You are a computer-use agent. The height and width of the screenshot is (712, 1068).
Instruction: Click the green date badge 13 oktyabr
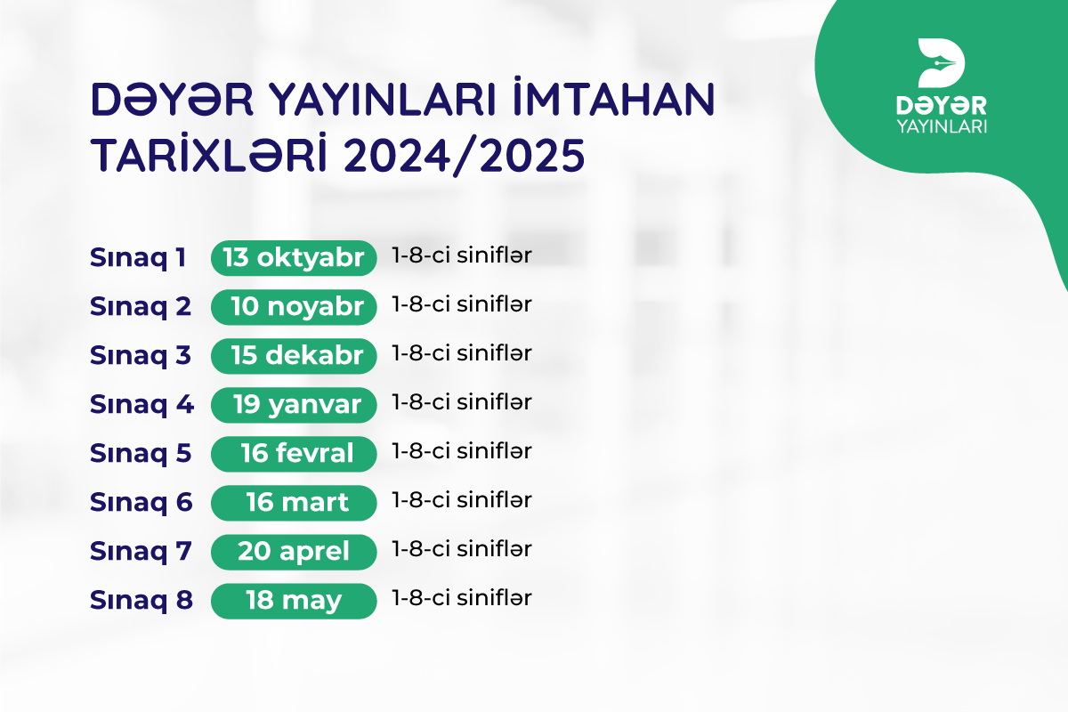coord(294,258)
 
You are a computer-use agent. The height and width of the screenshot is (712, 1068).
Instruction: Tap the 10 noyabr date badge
coord(294,307)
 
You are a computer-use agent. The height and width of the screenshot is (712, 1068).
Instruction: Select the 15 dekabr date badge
coord(294,356)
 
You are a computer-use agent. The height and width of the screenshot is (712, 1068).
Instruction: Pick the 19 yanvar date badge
coord(294,405)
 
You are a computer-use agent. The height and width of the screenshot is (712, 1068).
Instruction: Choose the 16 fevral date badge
coord(294,454)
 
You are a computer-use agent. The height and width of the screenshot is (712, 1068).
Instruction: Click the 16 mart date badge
coord(294,503)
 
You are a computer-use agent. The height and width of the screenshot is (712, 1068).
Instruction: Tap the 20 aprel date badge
coord(294,552)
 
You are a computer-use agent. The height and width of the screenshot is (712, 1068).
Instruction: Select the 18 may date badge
coord(294,601)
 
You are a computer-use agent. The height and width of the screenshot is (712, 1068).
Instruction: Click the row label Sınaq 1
coord(138,258)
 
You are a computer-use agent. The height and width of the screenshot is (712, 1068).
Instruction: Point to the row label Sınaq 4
coord(142,405)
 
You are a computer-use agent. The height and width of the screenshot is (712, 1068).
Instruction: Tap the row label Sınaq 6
coord(142,503)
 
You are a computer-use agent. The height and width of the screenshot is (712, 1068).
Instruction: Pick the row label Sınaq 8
coord(142,601)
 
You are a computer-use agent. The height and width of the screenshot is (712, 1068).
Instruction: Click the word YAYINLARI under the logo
coord(942,126)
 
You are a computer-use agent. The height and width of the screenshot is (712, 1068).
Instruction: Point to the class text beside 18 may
coord(462,598)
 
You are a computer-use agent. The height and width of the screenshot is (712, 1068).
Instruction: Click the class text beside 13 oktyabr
coord(462,255)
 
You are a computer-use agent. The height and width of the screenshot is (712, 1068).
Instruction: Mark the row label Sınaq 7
coord(141,552)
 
